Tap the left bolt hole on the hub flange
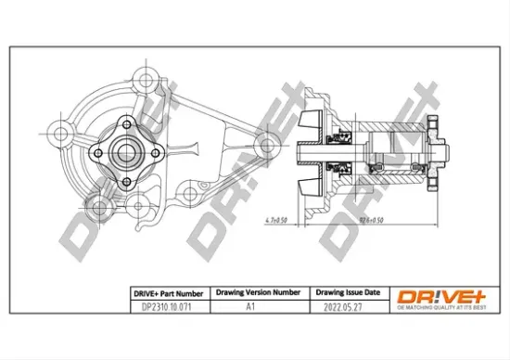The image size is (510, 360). coord(96,150)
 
